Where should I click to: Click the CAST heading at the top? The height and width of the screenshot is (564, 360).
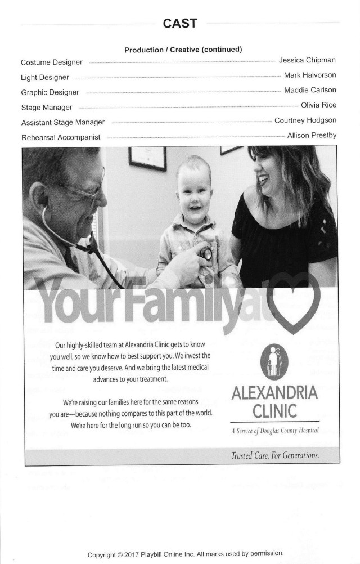[180, 23]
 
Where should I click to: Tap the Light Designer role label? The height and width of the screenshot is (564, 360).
[45, 77]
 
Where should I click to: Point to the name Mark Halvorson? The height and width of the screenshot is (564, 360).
[310, 75]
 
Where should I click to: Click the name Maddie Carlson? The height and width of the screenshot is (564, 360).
[310, 90]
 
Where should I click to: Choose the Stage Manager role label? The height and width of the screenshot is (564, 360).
[47, 107]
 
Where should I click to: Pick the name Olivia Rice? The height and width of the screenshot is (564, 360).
[319, 105]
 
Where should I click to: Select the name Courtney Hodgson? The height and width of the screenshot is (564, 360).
[305, 120]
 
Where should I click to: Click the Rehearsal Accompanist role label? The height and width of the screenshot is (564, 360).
[61, 137]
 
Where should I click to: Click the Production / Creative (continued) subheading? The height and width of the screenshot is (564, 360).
[183, 50]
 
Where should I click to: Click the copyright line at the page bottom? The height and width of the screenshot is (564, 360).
[186, 554]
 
